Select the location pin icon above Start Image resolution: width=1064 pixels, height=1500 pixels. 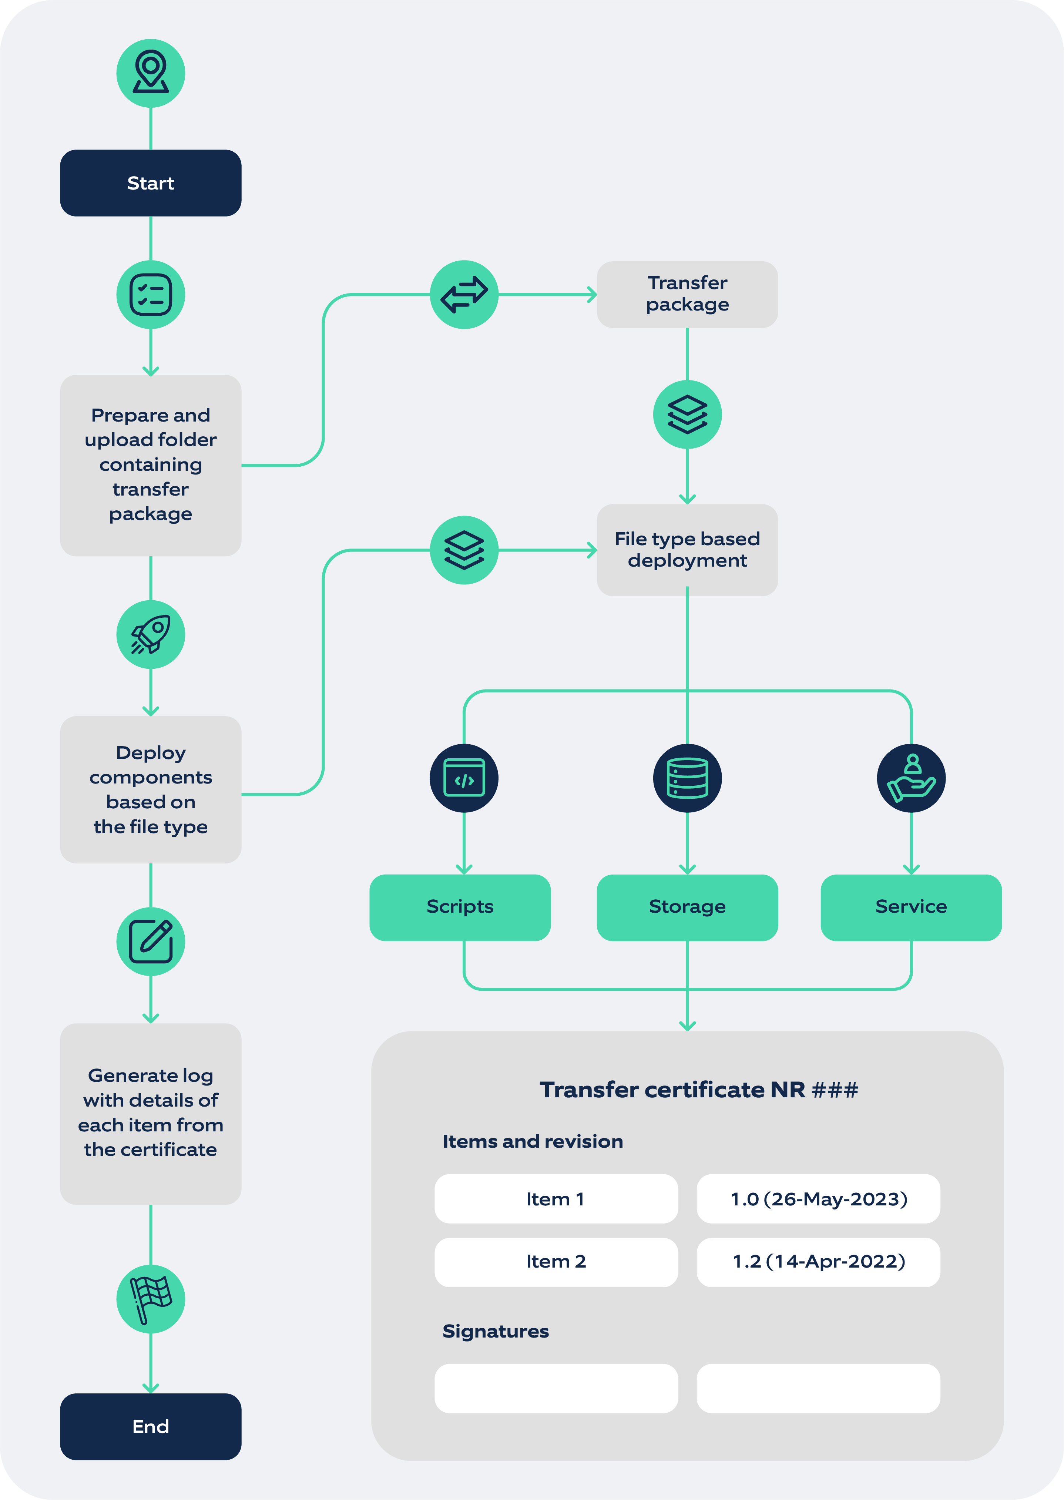pos(151,72)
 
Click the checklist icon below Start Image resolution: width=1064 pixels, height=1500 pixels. pos(151,294)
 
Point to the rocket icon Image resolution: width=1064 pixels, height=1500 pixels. pos(151,634)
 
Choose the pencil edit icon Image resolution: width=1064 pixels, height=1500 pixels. pos(151,941)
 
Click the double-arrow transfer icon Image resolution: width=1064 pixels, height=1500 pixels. pos(464,294)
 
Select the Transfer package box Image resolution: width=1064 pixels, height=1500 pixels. pos(687,294)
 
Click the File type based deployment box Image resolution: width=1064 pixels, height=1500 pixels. pos(687,550)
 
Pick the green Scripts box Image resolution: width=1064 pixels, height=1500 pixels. pos(460,906)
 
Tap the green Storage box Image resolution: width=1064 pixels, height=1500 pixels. pos(687,906)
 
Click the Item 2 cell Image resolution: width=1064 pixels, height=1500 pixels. pos(556,1262)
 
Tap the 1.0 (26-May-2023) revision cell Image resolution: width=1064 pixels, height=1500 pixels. pos(818,1199)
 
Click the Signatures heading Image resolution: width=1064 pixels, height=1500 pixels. pos(496,1331)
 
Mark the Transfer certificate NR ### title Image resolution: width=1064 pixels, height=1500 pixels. pos(698,1089)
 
